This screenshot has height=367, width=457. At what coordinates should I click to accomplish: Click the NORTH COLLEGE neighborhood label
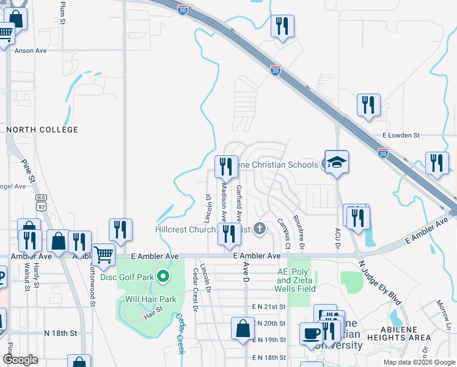click(x=42, y=130)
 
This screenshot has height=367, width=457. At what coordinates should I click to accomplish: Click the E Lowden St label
click(x=401, y=135)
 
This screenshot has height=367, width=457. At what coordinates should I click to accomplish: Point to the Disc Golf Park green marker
click(x=163, y=277)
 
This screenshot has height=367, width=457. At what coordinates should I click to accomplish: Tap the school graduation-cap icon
click(x=337, y=162)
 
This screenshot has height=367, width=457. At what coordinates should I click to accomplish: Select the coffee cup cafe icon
click(x=311, y=334)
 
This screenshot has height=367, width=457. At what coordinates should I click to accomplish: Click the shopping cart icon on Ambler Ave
click(x=103, y=254)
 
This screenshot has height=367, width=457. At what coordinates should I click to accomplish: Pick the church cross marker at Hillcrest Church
click(x=260, y=229)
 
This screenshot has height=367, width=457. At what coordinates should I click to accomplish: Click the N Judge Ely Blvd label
click(x=381, y=282)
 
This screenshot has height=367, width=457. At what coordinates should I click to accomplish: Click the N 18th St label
click(x=60, y=333)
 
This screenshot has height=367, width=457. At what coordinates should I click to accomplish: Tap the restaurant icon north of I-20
click(x=282, y=26)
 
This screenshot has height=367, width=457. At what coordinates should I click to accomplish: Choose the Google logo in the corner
click(x=20, y=360)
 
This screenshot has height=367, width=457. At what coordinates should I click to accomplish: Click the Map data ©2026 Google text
click(x=419, y=362)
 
